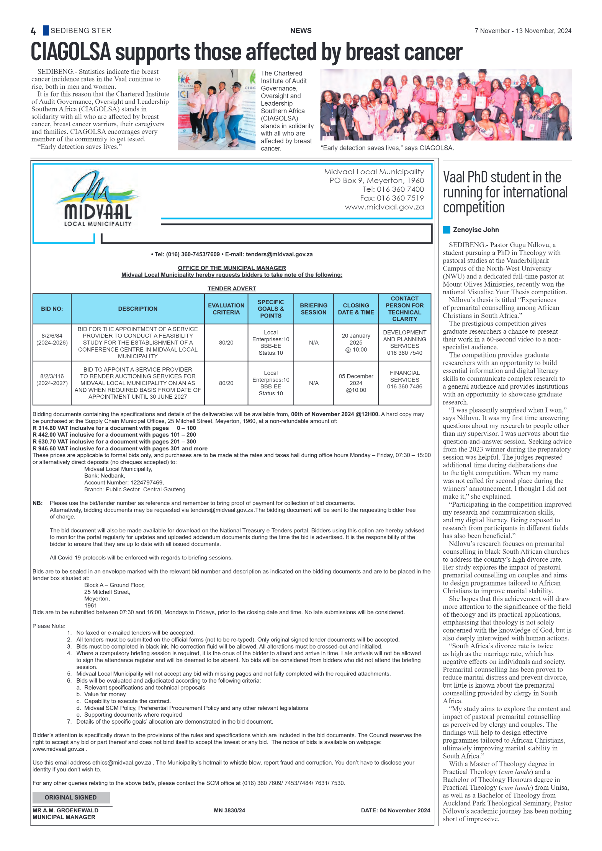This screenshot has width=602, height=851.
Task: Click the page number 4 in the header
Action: point(33,31)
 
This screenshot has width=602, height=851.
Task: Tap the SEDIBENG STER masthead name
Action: point(81,31)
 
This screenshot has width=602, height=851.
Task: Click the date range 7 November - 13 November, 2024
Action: point(523,31)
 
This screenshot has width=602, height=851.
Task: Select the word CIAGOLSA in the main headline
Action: point(71,52)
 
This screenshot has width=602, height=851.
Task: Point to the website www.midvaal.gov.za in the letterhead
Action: point(384,207)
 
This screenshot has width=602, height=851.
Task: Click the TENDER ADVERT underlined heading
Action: point(232,289)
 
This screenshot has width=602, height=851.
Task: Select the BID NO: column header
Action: point(52,309)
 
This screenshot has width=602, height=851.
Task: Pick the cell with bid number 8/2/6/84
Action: point(52,339)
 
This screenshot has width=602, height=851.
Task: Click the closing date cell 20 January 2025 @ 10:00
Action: point(356,342)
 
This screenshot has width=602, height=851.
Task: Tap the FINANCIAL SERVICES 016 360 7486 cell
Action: point(404,380)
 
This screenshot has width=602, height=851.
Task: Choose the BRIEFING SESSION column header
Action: point(314,309)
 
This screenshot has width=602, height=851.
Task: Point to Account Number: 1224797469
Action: point(124,483)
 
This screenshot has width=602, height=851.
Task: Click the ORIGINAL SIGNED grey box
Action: point(71,797)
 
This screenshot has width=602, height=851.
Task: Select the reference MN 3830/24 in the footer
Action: point(229,810)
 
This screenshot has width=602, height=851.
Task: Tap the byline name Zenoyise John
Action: point(476,230)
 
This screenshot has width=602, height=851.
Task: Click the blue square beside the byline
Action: point(447,230)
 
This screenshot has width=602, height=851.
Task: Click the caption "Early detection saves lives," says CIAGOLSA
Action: point(387,148)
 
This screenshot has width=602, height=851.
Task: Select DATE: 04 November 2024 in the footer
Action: point(395,810)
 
